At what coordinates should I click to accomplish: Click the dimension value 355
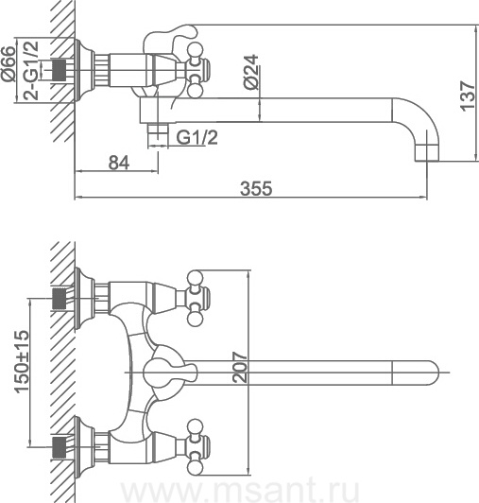(256, 188)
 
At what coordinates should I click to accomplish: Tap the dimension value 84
(119, 163)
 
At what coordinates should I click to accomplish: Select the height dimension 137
(468, 95)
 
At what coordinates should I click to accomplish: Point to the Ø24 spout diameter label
(250, 72)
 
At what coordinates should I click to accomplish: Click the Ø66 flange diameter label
(9, 63)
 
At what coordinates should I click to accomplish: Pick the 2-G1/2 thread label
(31, 71)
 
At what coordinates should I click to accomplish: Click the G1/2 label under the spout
(197, 137)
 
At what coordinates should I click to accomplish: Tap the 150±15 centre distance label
(22, 361)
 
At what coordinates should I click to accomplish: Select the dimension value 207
(240, 368)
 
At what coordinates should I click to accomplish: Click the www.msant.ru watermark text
(241, 491)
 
